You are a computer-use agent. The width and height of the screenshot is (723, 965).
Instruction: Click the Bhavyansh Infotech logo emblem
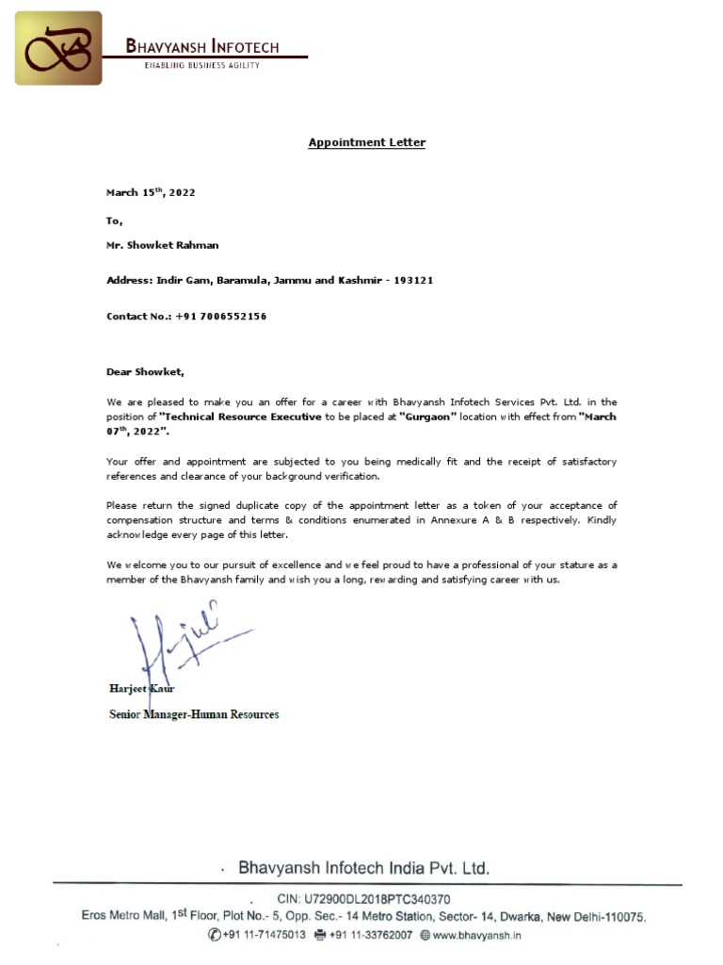[58, 49]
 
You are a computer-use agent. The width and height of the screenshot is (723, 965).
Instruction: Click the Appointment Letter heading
[367, 142]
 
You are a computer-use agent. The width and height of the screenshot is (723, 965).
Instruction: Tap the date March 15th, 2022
[151, 192]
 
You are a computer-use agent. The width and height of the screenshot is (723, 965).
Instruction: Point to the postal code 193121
[413, 281]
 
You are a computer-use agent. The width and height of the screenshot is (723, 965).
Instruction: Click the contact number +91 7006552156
[220, 317]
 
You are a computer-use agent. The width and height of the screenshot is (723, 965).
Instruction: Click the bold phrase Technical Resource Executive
[241, 417]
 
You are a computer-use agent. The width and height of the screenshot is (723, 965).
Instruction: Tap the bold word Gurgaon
[427, 417]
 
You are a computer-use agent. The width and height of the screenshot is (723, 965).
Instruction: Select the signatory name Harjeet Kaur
[142, 689]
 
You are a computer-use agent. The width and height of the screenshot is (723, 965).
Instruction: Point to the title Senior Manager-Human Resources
[194, 714]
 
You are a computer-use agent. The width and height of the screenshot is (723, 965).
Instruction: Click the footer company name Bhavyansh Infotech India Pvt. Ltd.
[363, 868]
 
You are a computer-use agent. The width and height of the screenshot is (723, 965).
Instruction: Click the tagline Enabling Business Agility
[202, 65]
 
